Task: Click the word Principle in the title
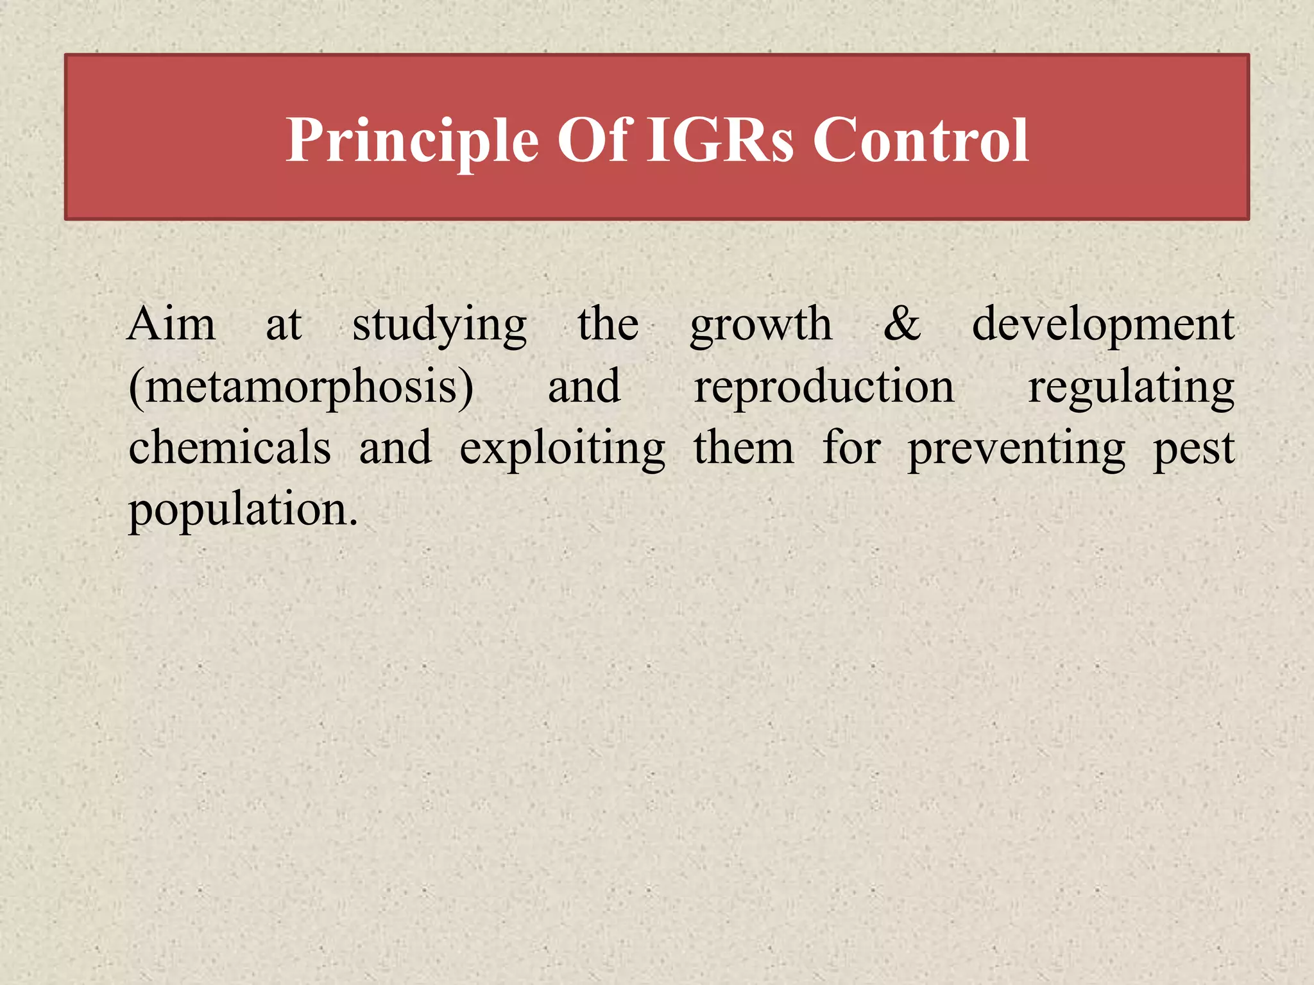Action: (411, 140)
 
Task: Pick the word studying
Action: (439, 326)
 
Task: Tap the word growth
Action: (761, 326)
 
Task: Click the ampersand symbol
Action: (902, 324)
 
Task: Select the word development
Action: (1103, 326)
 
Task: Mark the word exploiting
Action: (563, 449)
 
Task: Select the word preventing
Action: (1016, 449)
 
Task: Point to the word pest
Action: (1194, 449)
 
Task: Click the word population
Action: (243, 510)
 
